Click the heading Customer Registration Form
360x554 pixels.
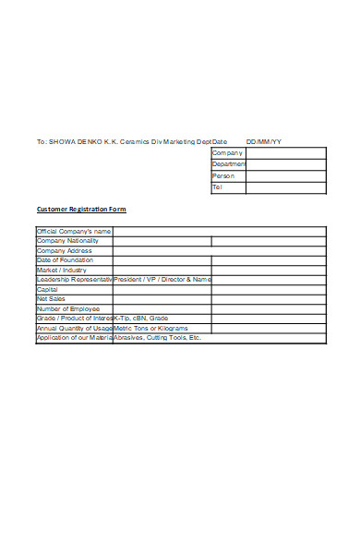pos(81,210)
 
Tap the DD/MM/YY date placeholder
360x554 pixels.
pos(264,141)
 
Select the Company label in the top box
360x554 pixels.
pos(227,152)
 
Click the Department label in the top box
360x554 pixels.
pos(229,163)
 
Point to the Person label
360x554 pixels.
pos(223,175)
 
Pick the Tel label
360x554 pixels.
pos(218,187)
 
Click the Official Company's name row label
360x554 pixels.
pos(74,231)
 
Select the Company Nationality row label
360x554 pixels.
pos(67,241)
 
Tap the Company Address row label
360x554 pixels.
pos(65,250)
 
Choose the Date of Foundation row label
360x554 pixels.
pos(66,260)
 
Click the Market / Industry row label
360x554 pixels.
pos(62,270)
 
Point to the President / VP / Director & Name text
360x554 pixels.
pos(162,279)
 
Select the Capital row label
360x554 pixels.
pos(47,289)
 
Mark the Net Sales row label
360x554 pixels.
pos(50,299)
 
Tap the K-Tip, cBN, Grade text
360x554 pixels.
pos(140,319)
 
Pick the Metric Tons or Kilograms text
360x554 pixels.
pos(150,328)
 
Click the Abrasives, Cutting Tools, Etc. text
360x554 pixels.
pos(157,338)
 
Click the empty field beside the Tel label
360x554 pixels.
pos(286,187)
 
